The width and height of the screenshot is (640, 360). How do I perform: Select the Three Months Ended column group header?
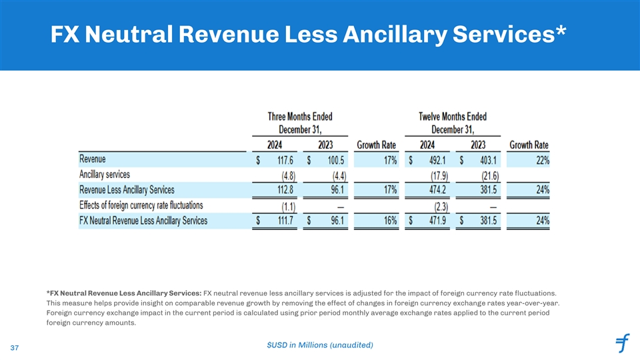pos(299,122)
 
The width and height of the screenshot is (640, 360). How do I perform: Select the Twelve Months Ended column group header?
pos(452,122)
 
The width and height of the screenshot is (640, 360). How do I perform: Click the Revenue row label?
pos(92,159)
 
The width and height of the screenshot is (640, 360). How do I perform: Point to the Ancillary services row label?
pos(105,175)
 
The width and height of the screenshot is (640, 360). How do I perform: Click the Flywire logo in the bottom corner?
pos(623,344)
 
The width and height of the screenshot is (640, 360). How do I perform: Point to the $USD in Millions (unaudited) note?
pos(319,344)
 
